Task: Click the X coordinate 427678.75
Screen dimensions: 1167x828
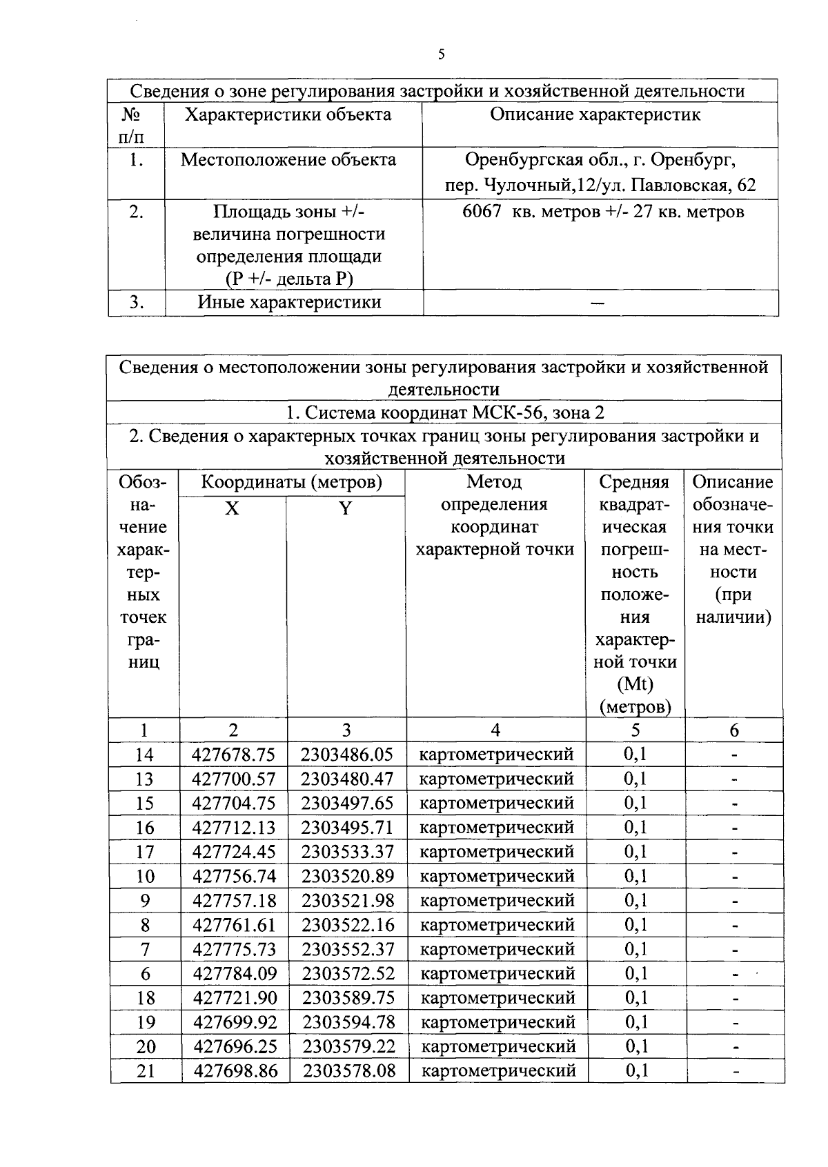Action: [233, 755]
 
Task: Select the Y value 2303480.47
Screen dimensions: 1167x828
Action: [347, 779]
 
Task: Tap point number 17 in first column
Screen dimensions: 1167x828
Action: [145, 852]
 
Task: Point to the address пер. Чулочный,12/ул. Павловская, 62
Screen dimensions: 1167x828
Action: [599, 186]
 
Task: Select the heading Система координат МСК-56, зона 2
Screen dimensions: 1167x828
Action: [445, 412]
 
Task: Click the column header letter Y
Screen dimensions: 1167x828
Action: [346, 508]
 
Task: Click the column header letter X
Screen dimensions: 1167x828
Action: [233, 508]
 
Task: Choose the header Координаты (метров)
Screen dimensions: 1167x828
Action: [291, 482]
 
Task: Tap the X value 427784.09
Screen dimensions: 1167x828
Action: [235, 974]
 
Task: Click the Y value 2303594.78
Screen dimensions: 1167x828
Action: [348, 1022]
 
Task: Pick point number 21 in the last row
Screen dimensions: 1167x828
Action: [146, 1071]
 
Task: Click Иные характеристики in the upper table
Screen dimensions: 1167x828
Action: [290, 302]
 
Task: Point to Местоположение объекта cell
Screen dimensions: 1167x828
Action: [288, 160]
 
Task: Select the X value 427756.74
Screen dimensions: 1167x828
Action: [234, 876]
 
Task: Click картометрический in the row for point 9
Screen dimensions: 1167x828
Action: [497, 901]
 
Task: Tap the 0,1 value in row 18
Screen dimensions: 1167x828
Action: [635, 998]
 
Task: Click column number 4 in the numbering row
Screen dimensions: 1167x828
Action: [495, 730]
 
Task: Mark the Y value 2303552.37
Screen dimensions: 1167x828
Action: [348, 949]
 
